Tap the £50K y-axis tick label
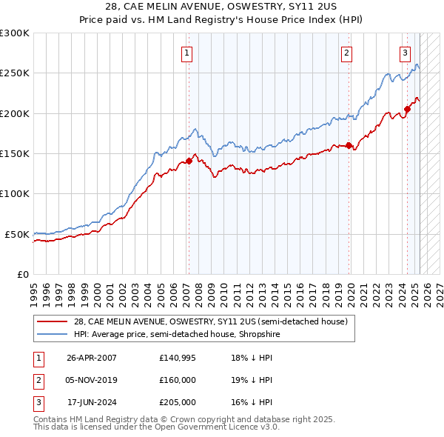click(x=18, y=234)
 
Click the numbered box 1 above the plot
click(x=187, y=53)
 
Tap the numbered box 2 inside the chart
click(x=346, y=53)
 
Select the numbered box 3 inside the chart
click(x=406, y=53)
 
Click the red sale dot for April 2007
click(x=189, y=161)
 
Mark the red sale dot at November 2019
click(x=349, y=146)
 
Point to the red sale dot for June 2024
click(x=407, y=110)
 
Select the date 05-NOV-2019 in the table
click(x=92, y=380)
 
